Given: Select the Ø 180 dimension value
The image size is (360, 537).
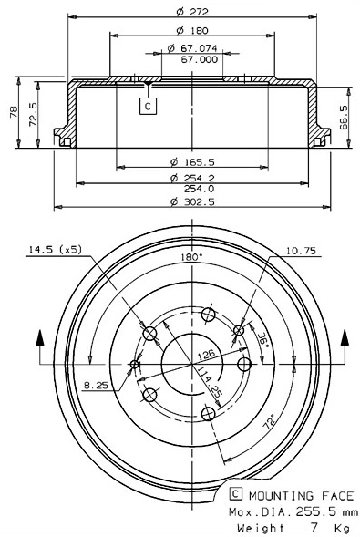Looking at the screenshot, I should (x=185, y=30).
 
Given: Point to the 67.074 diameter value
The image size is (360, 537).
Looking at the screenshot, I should (x=190, y=48).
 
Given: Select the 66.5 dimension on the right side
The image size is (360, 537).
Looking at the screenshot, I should (x=343, y=119).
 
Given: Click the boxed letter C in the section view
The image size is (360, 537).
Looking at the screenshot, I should (x=148, y=106).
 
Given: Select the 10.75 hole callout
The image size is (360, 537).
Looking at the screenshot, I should (x=303, y=249).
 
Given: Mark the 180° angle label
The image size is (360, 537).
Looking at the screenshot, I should (x=190, y=258).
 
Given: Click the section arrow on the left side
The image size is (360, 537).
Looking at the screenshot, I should (x=39, y=342).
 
